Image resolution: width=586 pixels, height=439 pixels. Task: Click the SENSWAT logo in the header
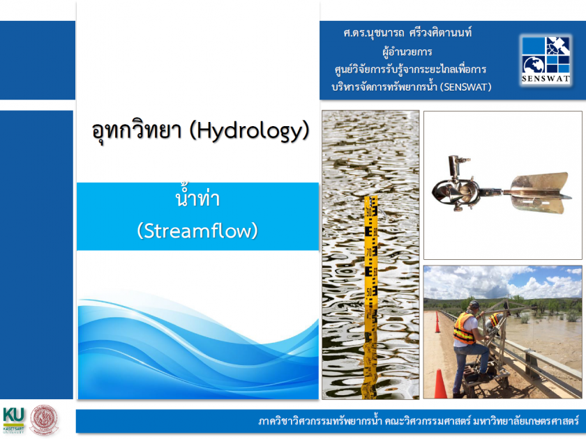click(546, 60)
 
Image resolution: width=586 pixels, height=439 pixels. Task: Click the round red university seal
click(44, 420)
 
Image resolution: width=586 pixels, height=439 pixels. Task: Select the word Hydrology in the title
click(250, 132)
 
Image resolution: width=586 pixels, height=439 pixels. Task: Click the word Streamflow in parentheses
click(197, 231)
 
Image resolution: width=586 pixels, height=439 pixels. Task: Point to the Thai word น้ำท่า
click(197, 198)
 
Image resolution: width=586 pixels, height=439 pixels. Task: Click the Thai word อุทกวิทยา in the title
click(137, 131)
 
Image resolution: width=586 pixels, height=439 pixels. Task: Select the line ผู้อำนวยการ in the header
click(407, 52)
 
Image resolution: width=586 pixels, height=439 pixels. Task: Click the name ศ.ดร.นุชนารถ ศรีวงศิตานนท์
click(407, 33)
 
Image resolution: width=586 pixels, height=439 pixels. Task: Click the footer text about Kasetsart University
click(418, 422)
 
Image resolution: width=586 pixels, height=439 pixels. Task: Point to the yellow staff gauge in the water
click(370, 295)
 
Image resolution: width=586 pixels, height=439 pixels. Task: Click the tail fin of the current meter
click(541, 192)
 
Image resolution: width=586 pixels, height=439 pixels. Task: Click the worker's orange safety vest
click(464, 328)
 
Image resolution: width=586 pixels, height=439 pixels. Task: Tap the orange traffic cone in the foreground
click(440, 384)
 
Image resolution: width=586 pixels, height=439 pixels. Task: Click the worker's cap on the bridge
click(473, 305)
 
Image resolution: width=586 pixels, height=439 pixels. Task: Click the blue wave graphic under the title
click(198, 347)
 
